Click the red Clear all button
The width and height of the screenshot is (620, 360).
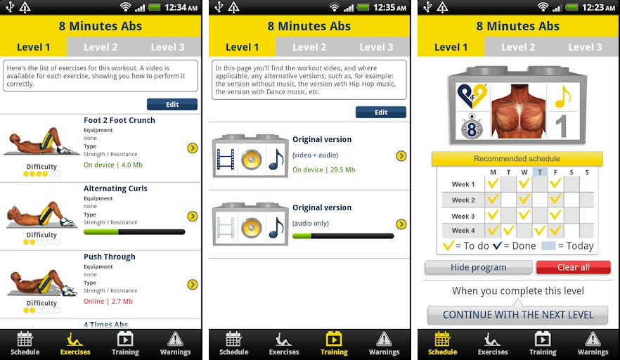point(574,267)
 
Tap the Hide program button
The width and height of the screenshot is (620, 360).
point(479,267)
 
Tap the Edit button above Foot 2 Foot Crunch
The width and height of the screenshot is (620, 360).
point(172,105)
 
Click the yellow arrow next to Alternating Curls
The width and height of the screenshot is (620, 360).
point(193,216)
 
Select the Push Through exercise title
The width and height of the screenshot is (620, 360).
point(110,257)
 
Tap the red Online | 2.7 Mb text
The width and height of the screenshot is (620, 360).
point(108,302)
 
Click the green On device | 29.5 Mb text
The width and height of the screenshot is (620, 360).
point(324,169)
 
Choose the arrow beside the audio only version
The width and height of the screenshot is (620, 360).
point(401,224)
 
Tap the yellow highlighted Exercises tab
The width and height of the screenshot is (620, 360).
point(75,344)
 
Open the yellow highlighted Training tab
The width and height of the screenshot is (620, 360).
point(334,344)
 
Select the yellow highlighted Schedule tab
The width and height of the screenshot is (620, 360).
point(442,344)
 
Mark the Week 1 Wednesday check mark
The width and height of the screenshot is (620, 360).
point(524,184)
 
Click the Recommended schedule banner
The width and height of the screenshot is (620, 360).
point(517,159)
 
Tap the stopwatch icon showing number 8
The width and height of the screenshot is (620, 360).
point(472,127)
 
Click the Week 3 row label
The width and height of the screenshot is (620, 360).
point(463,217)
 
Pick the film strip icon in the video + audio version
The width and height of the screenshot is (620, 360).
point(226,160)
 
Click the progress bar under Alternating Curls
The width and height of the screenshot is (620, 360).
point(134,232)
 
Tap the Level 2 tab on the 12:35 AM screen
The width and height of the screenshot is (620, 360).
point(309,47)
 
